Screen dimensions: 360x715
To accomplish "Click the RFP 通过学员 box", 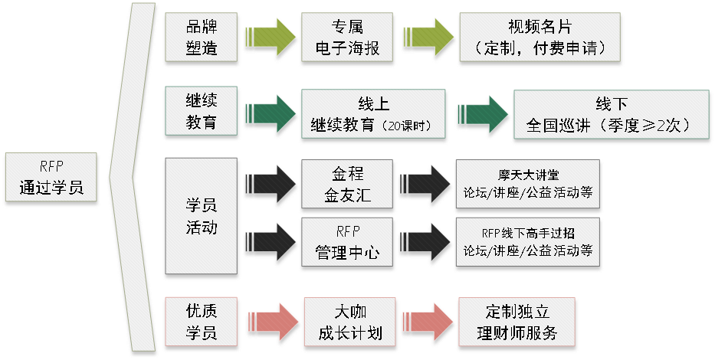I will point(51,179).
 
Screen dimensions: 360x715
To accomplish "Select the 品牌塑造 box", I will point(202,36).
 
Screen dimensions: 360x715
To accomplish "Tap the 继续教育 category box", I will point(202,111).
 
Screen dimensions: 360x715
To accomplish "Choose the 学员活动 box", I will point(202,217).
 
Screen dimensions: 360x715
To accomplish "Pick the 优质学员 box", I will point(202,322).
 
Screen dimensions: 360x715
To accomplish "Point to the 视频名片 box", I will point(540,36).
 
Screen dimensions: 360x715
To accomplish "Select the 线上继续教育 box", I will point(372,116).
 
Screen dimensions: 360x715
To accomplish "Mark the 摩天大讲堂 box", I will point(528,185).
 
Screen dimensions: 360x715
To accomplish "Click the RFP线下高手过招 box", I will point(528,241).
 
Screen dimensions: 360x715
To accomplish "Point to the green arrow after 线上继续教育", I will point(481,116).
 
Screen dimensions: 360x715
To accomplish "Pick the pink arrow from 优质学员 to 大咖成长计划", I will point(271,322).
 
